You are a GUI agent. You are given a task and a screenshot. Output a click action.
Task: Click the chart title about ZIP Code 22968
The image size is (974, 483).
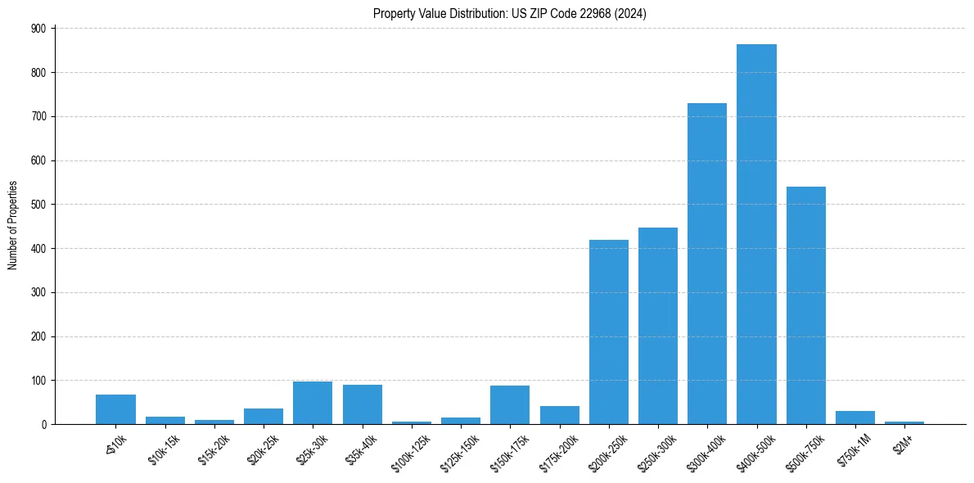coord(509,14)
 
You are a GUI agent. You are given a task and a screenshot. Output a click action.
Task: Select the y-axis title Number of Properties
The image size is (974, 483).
coord(13,225)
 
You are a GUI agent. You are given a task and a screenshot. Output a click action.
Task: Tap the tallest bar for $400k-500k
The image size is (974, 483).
coord(756,234)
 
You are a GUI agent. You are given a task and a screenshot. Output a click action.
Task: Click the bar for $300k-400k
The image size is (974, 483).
coord(707,264)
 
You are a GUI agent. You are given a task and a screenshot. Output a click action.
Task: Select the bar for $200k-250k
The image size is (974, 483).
coord(609,332)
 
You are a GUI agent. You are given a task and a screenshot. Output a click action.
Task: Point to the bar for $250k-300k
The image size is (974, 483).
coord(658,326)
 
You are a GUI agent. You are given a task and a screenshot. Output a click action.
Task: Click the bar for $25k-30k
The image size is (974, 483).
coord(313,403)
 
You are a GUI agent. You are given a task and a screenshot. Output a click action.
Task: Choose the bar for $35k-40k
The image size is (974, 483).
coord(362,404)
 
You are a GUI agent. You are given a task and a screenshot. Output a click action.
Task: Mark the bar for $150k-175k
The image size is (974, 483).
coord(510,404)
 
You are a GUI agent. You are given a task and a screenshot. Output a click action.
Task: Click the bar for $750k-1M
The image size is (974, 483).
coord(855,418)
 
